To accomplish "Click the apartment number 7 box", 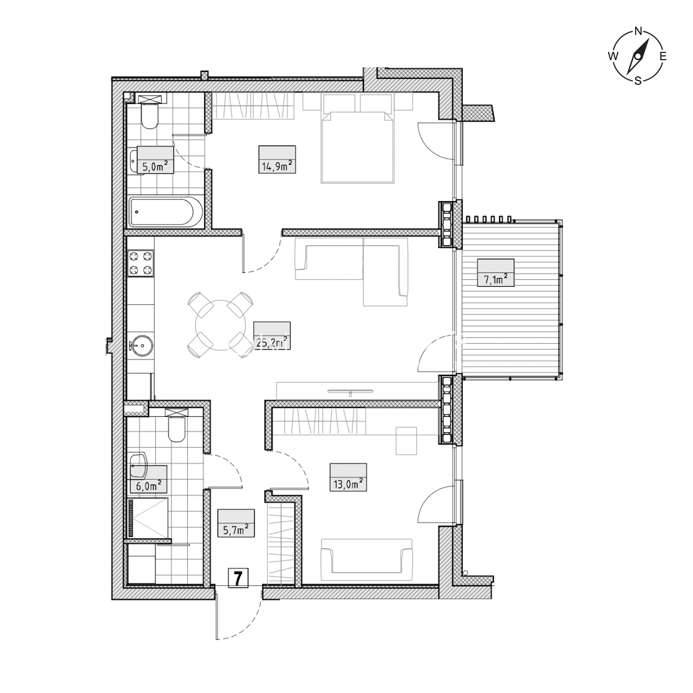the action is pos(238,588).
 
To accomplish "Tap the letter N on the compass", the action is pos(638,31).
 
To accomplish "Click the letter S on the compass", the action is pos(638,80).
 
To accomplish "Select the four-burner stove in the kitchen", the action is pos(141,263).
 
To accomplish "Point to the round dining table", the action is pos(221,325).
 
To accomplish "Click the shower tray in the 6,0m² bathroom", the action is pos(149,518).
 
